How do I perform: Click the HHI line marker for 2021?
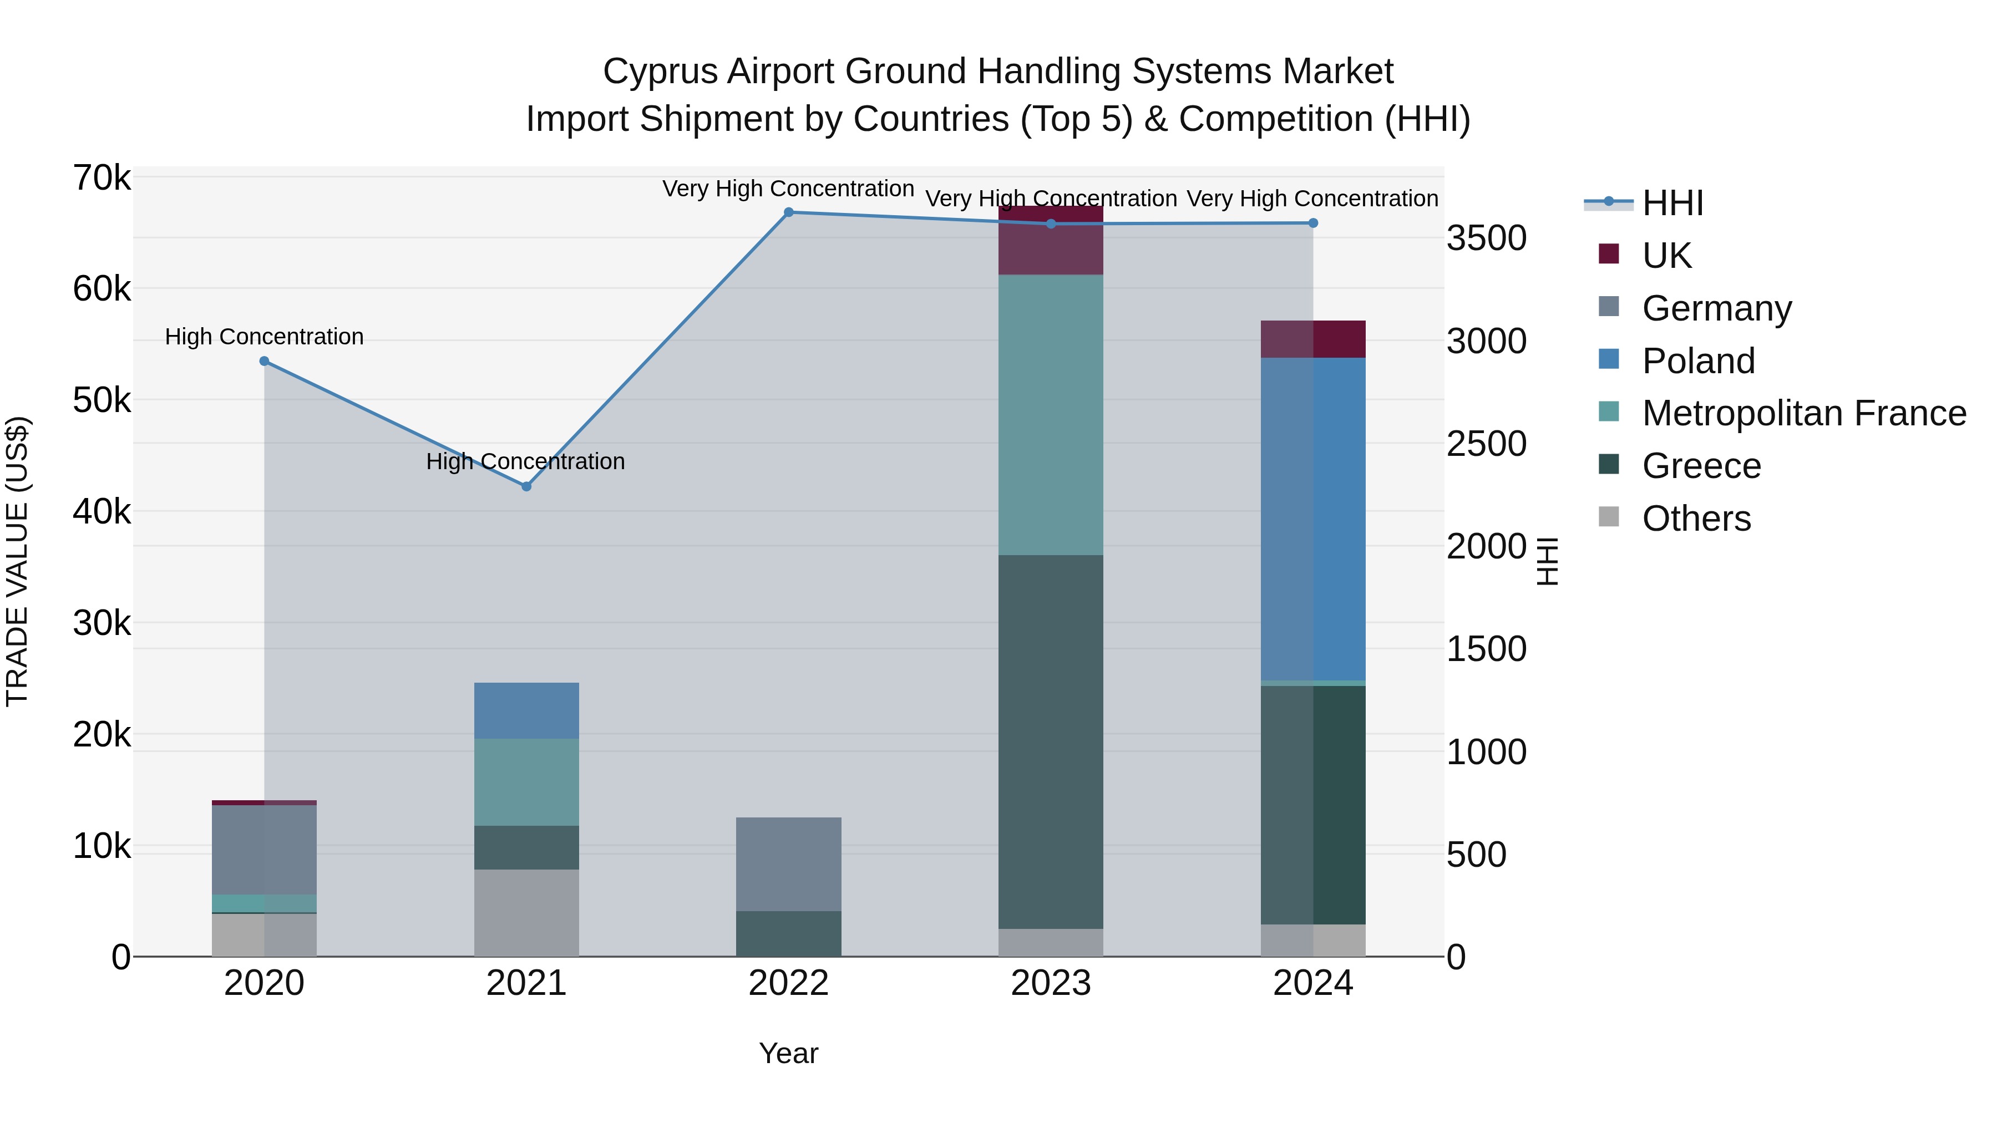(526, 487)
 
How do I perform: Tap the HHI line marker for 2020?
(265, 361)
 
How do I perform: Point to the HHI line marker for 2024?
(1312, 223)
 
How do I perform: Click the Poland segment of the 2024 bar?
(1312, 519)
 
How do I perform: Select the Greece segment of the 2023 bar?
(1051, 741)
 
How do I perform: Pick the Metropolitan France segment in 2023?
(1051, 415)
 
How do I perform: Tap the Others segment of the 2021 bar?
(526, 912)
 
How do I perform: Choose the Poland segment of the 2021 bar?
(526, 711)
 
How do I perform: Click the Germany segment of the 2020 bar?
(265, 850)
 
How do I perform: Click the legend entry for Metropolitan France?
(1803, 413)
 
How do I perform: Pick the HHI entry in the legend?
(1672, 203)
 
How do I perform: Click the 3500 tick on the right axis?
(1486, 238)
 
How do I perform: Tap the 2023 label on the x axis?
(1051, 983)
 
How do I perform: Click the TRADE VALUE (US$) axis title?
(18, 561)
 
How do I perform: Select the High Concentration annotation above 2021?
(526, 462)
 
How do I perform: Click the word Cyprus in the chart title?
(660, 72)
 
